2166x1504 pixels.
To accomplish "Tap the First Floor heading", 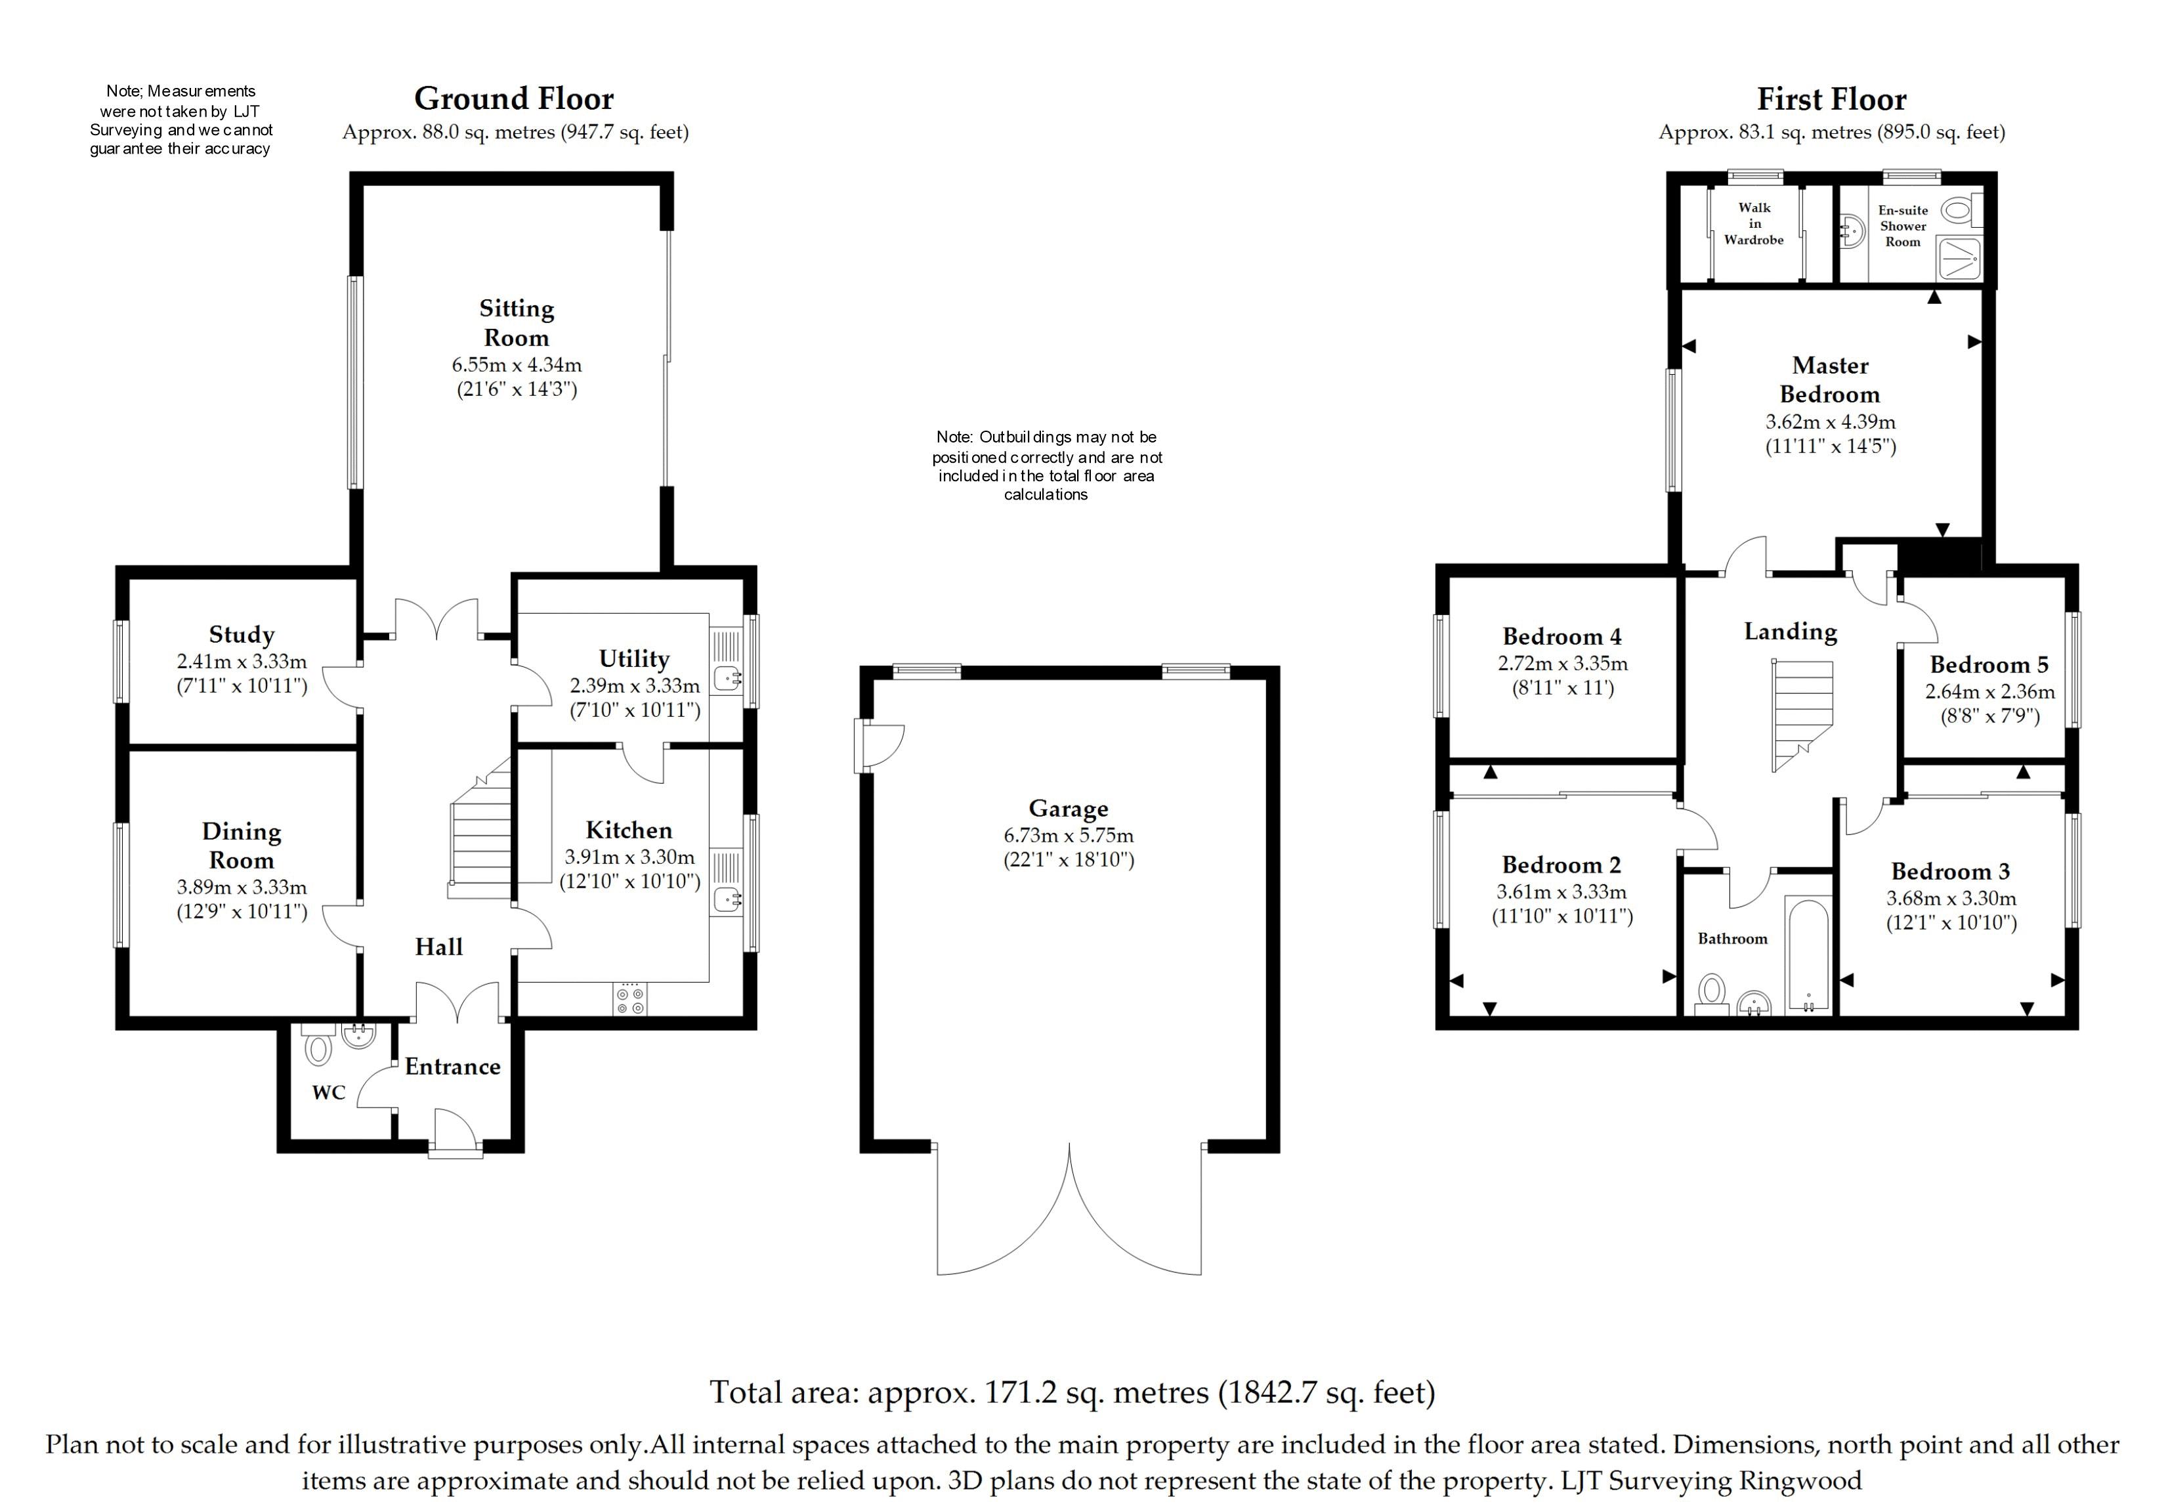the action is (1831, 99).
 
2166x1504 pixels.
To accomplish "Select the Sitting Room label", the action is (517, 322).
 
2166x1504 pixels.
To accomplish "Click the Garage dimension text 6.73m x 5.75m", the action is (1069, 835).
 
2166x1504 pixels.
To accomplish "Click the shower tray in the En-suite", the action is (1960, 257).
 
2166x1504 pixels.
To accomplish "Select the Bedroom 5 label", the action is (1989, 665).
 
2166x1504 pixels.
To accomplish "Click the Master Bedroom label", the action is (1830, 379).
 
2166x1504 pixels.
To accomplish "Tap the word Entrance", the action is (452, 1067).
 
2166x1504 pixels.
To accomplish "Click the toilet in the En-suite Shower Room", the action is (1959, 211).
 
